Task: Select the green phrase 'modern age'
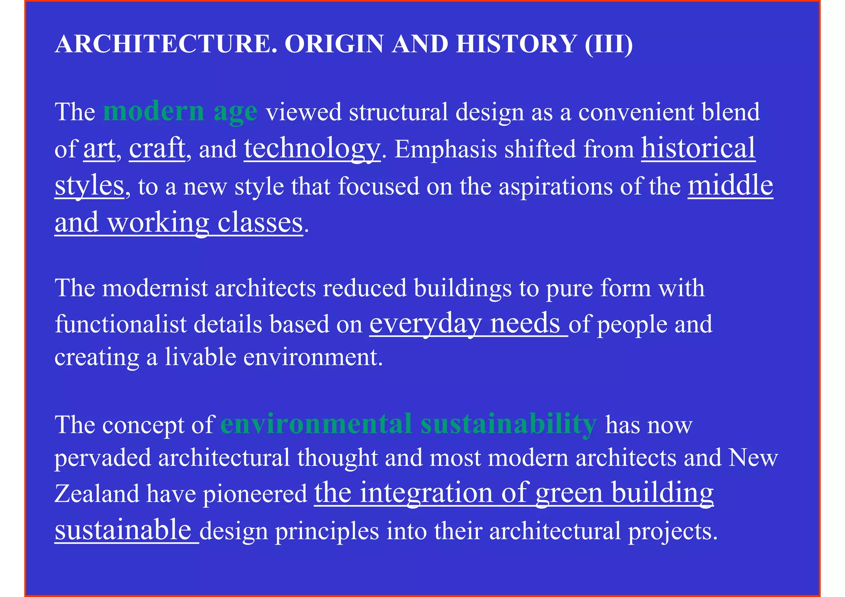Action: pos(180,111)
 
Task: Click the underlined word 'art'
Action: pos(99,148)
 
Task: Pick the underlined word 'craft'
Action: pos(157,148)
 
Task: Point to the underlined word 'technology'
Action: pos(312,148)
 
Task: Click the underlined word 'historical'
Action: pos(698,148)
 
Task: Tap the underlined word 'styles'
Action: pos(89,186)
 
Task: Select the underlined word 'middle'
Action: pos(730,186)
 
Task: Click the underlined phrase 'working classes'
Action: pos(205,223)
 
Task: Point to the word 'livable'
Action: pos(200,357)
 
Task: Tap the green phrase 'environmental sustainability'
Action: pos(408,424)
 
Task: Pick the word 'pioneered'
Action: pos(255,494)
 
